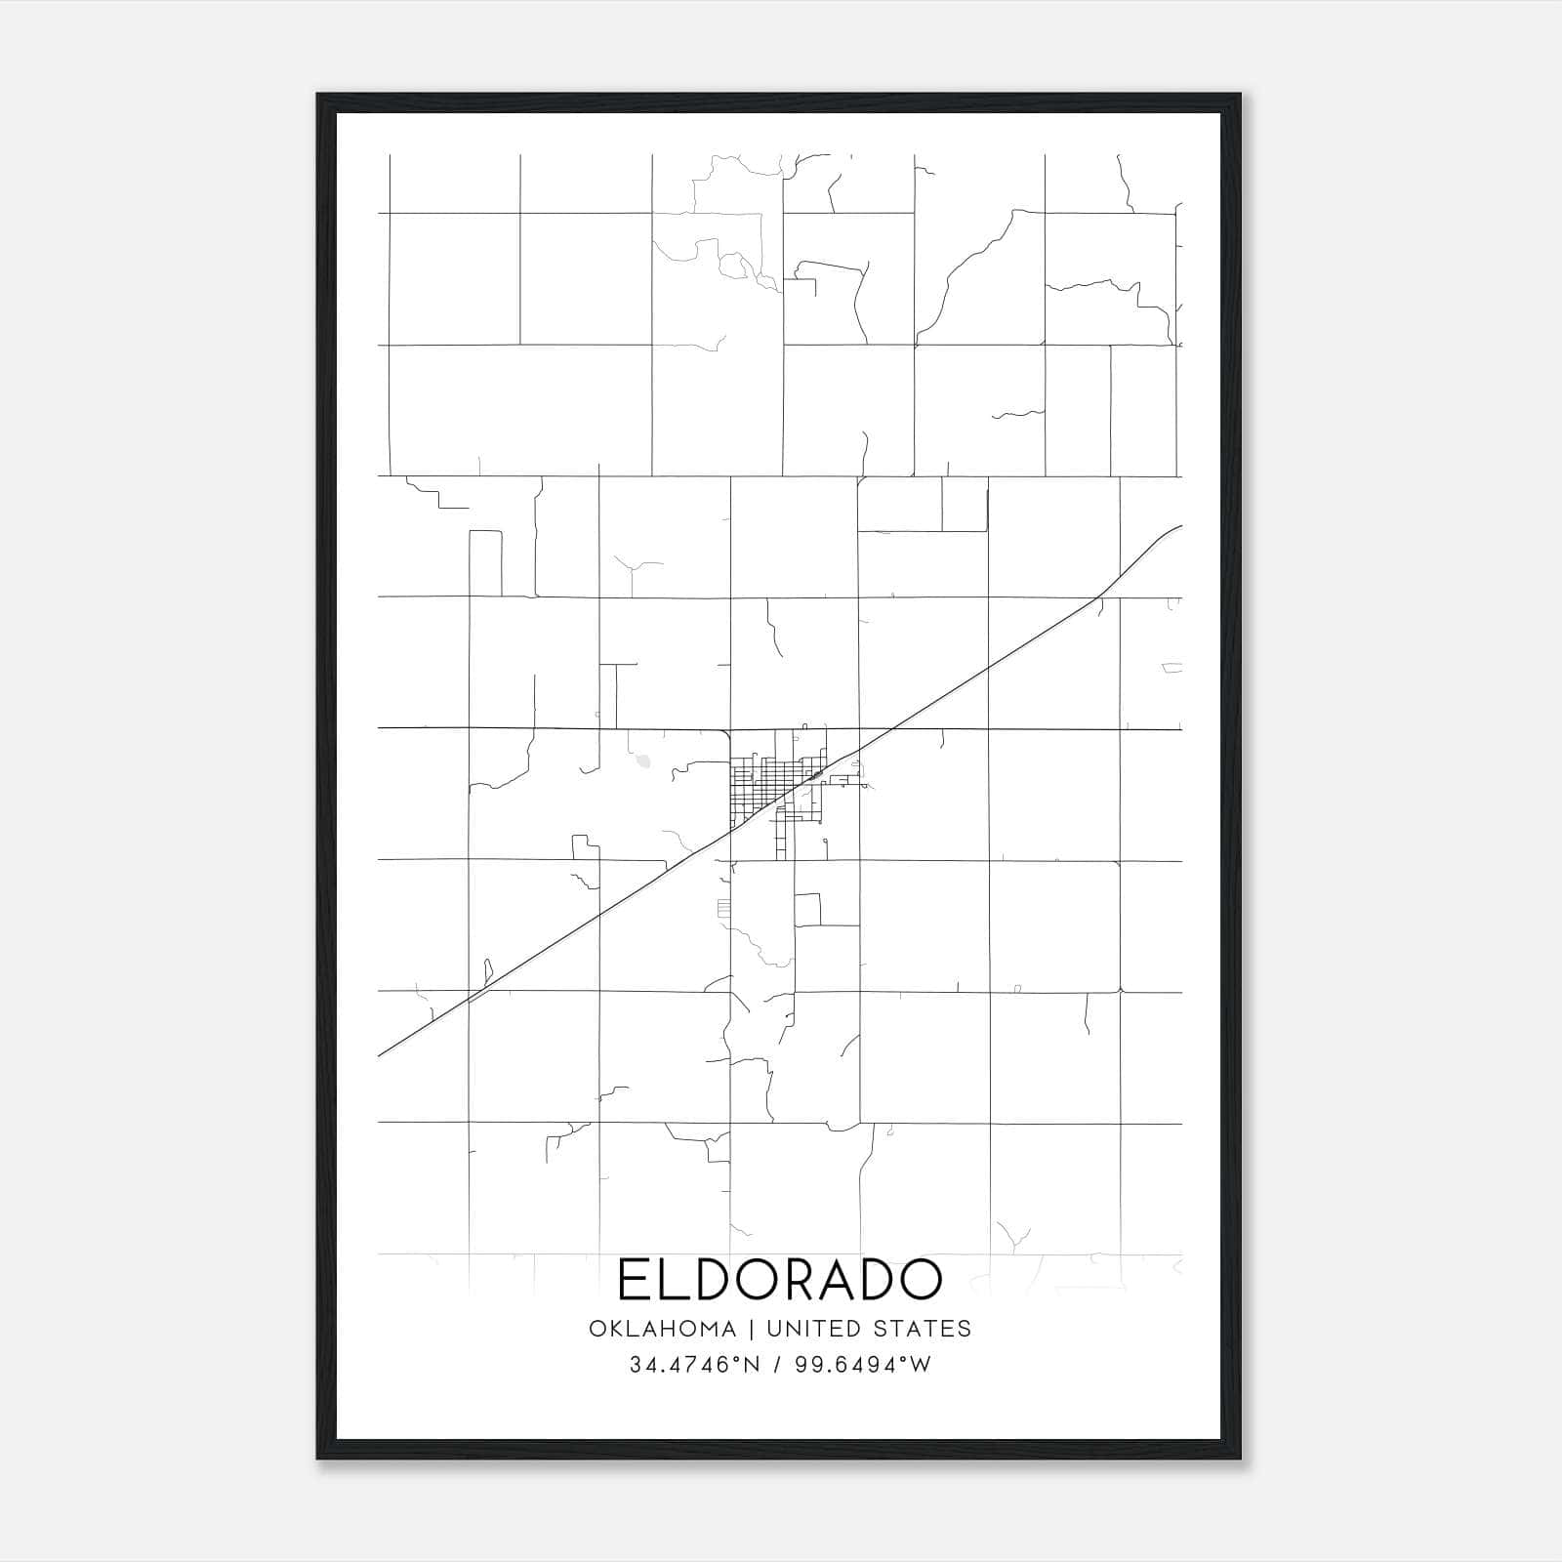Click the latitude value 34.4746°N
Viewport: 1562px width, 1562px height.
(x=694, y=1365)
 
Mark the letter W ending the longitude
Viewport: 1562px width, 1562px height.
(x=923, y=1365)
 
